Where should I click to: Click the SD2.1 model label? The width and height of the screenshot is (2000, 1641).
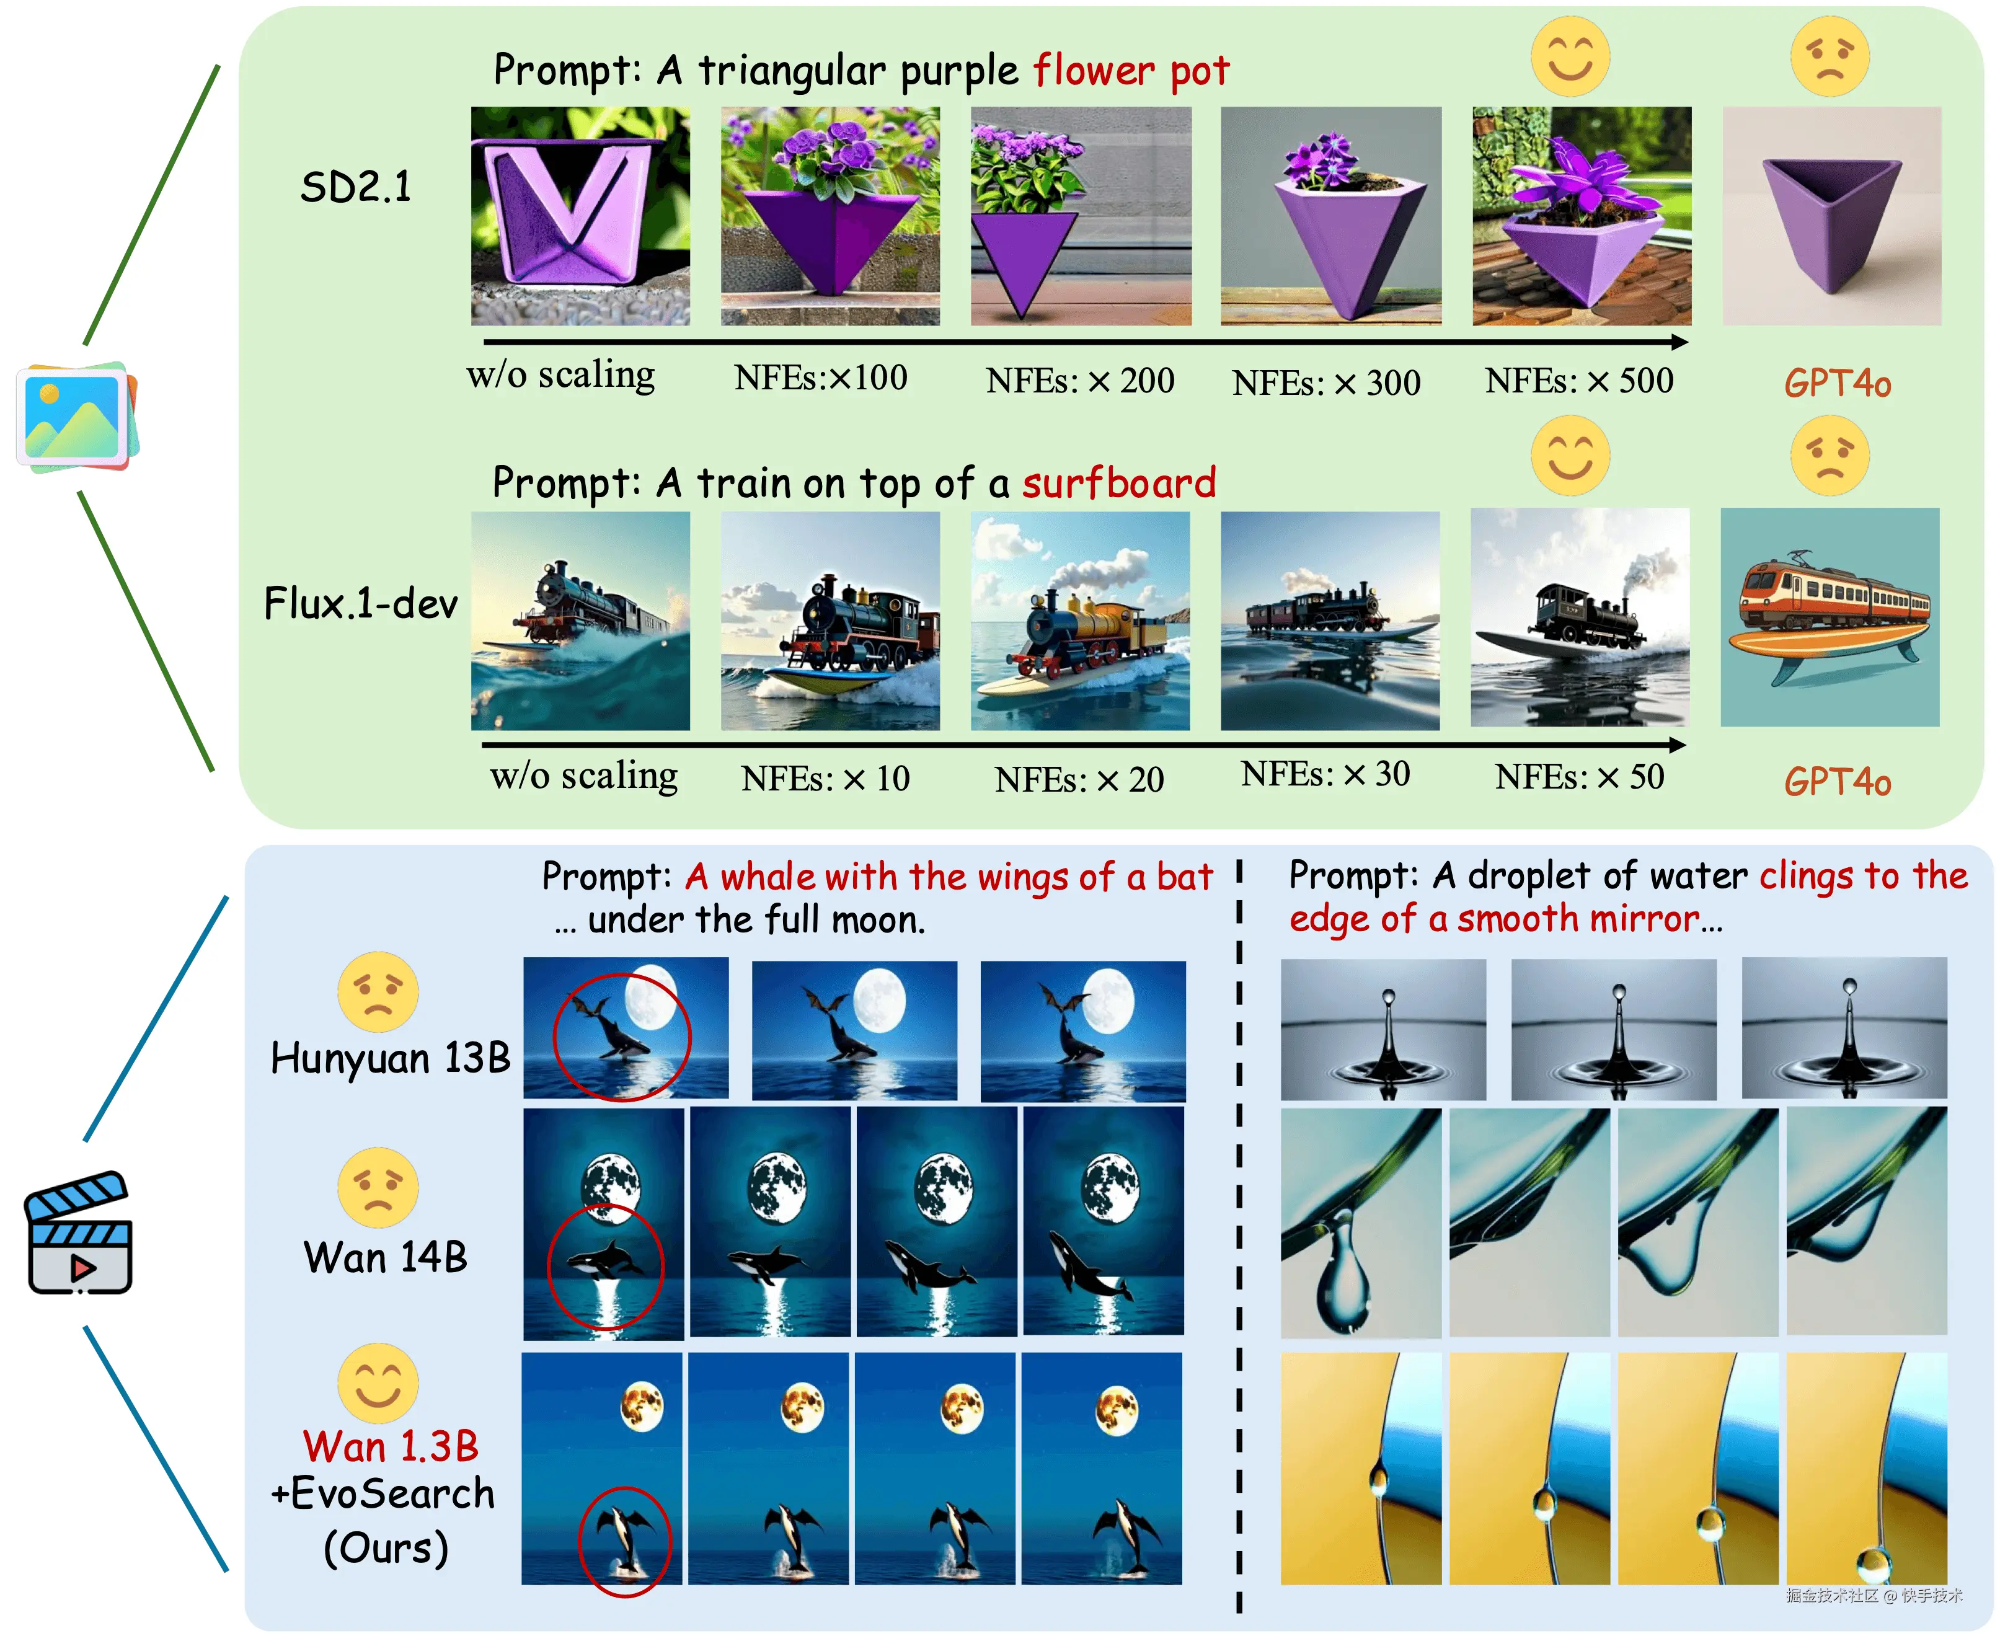pos(355,186)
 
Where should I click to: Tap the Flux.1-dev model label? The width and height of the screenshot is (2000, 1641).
pos(360,603)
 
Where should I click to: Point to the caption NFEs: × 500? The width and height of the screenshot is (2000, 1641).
pos(1578,380)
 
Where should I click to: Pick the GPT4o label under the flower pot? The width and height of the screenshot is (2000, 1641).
pos(1836,383)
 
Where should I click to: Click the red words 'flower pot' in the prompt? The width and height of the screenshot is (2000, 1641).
pos(1130,71)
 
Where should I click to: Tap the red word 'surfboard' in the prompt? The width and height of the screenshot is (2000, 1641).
pos(1118,483)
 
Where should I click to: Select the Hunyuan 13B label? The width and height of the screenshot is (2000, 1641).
pos(389,1058)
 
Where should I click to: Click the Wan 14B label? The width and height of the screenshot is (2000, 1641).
pos(386,1257)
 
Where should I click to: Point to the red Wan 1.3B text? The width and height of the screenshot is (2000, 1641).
pos(391,1446)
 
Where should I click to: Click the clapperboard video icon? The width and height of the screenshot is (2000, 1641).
pos(79,1234)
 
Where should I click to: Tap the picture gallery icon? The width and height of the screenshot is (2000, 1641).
pos(76,417)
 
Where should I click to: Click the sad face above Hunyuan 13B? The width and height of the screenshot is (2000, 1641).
pos(378,991)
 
